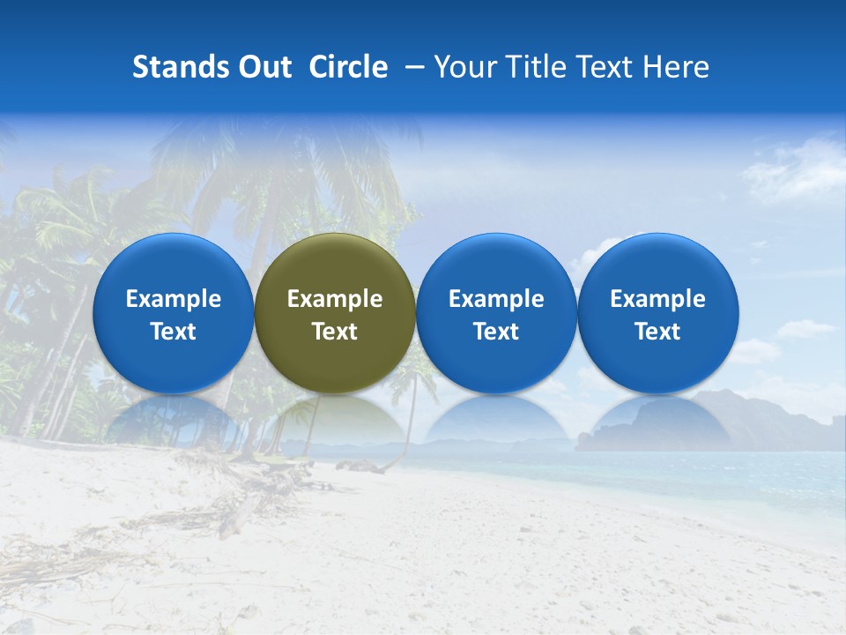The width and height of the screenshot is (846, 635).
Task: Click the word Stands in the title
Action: pyautogui.click(x=181, y=67)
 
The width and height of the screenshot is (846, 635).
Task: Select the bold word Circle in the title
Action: pyautogui.click(x=348, y=67)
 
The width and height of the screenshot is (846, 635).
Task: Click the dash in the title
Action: pyautogui.click(x=416, y=67)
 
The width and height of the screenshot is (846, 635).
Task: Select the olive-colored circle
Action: pyautogui.click(x=335, y=313)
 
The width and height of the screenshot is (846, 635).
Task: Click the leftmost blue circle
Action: pyautogui.click(x=173, y=313)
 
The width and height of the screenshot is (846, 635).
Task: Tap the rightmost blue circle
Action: pyautogui.click(x=658, y=313)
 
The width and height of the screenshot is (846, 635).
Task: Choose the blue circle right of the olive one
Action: pyautogui.click(x=496, y=313)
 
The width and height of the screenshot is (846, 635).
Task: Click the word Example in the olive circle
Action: pyautogui.click(x=335, y=299)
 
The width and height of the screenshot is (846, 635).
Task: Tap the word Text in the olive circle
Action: pyautogui.click(x=335, y=332)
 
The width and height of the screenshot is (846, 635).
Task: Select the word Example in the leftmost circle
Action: pyautogui.click(x=173, y=299)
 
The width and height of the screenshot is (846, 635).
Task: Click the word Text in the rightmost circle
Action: pyautogui.click(x=658, y=332)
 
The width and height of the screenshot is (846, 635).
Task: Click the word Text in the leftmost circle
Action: pyautogui.click(x=173, y=332)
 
